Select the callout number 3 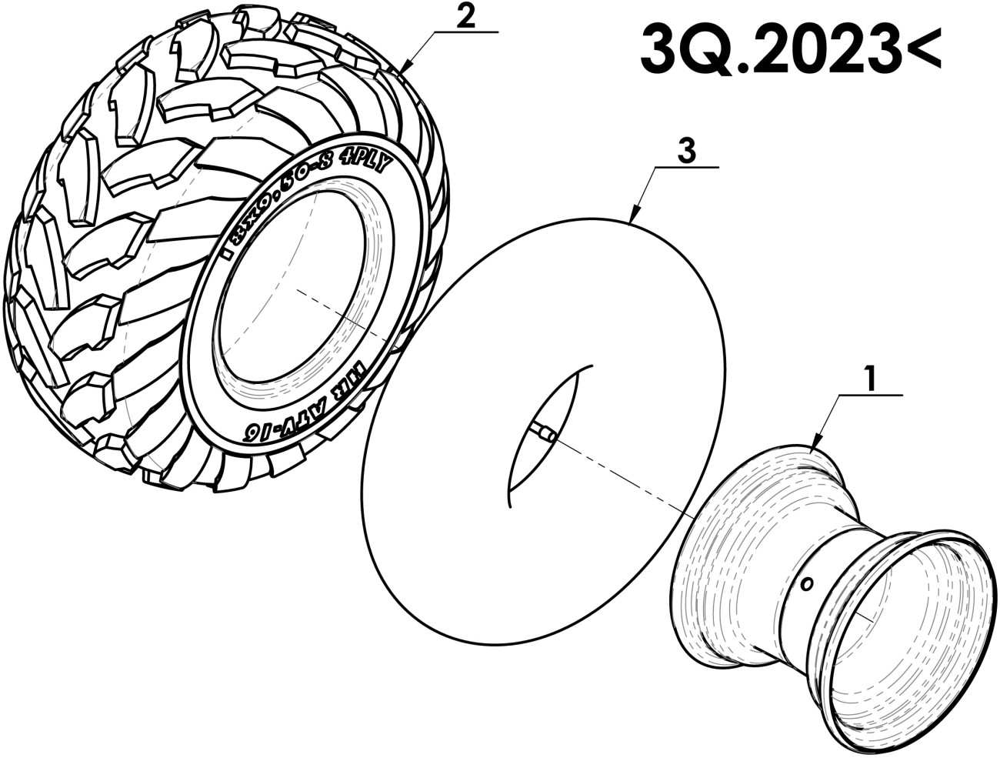pos(686,151)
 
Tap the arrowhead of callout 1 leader pos(814,449)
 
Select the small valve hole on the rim pos(805,585)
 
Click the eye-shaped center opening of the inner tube pos(546,431)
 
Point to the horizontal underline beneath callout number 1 pos(870,394)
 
